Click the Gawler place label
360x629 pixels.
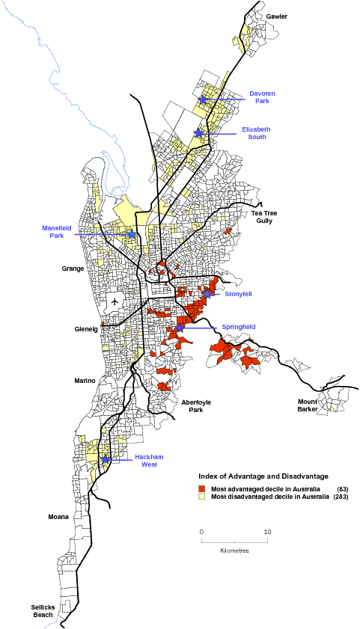276,16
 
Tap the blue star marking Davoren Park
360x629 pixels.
202,99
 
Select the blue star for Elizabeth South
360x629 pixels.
198,133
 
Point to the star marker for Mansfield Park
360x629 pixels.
132,234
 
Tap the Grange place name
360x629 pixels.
73,267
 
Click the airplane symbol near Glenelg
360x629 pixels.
114,301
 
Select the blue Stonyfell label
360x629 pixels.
238,294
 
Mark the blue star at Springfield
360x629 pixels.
180,328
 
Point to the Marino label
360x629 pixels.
85,381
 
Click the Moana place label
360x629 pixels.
58,517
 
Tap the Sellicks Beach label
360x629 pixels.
43,610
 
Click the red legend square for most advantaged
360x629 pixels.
202,488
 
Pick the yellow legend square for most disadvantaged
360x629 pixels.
202,497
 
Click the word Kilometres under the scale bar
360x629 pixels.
234,550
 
